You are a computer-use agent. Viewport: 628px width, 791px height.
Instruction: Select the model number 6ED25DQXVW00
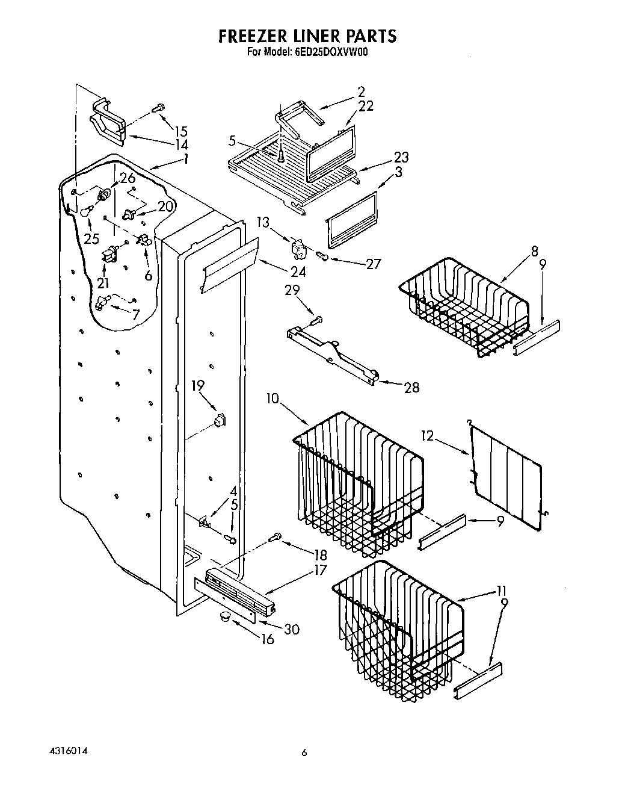tap(331, 52)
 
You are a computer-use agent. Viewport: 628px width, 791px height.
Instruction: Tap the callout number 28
tap(411, 387)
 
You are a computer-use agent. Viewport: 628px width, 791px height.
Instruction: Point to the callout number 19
tap(199, 386)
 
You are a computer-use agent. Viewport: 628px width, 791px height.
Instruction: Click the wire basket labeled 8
tap(466, 307)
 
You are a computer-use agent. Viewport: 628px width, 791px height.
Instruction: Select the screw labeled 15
tap(158, 108)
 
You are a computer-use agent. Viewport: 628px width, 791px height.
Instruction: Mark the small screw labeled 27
tap(323, 257)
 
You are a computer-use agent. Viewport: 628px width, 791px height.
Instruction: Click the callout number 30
tap(291, 629)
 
